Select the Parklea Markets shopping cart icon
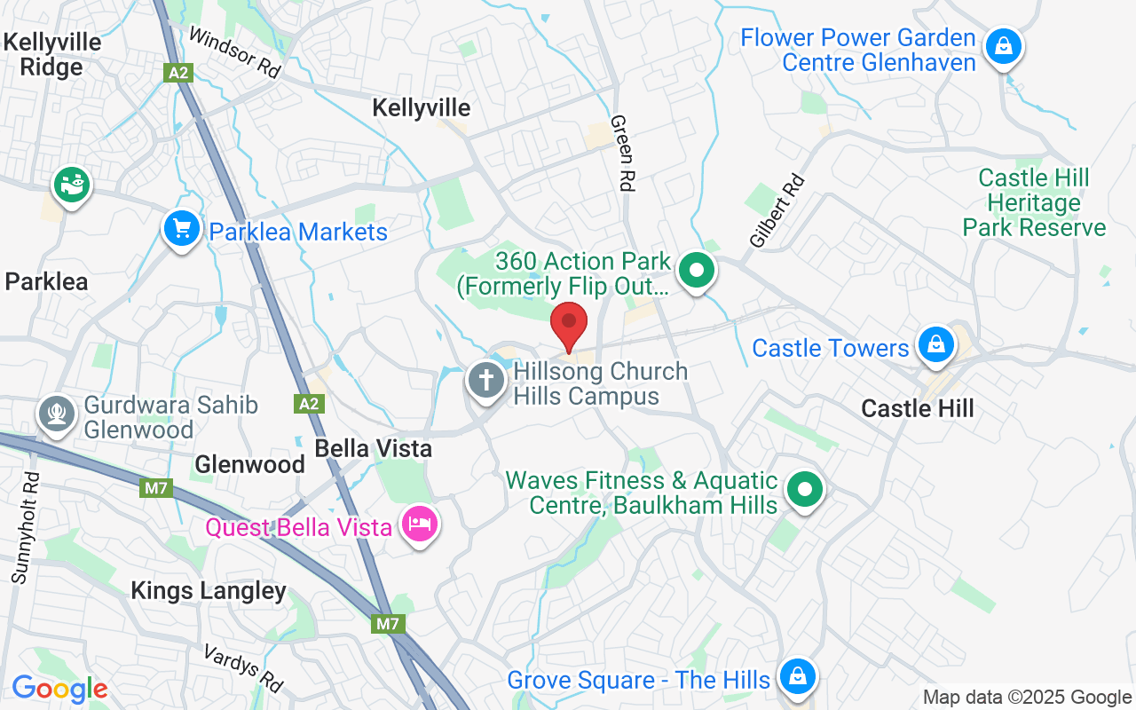(182, 229)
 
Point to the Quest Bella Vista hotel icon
(419, 524)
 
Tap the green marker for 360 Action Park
(698, 270)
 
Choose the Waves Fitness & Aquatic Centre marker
(805, 489)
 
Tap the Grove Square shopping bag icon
(797, 676)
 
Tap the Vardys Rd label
(243, 667)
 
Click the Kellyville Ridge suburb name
(51, 54)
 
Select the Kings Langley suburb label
(209, 591)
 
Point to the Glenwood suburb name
(249, 464)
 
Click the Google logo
(59, 689)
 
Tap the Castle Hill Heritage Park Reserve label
(1034, 203)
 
